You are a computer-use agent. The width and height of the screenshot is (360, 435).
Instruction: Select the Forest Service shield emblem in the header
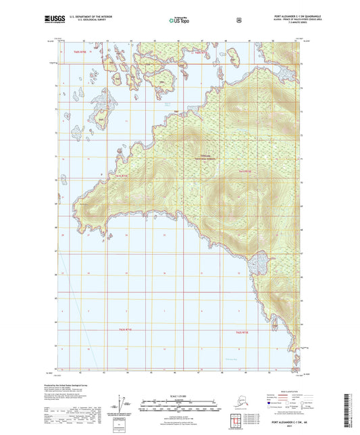click(239, 21)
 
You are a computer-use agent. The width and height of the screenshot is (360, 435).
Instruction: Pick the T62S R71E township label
click(122, 330)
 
